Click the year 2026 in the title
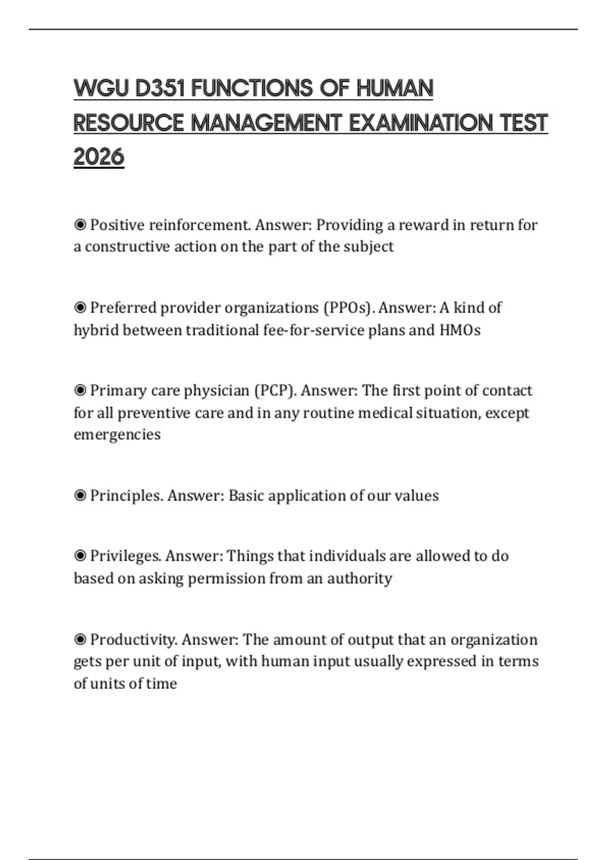[99, 156]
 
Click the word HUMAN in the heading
[395, 89]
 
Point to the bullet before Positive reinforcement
[80, 225]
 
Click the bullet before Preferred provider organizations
[80, 308]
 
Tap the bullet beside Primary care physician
[80, 391]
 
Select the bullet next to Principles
[80, 495]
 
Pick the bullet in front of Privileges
[80, 556]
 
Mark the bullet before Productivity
[80, 639]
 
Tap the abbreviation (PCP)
[275, 391]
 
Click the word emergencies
[117, 435]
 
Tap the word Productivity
[134, 639]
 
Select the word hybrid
[96, 330]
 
